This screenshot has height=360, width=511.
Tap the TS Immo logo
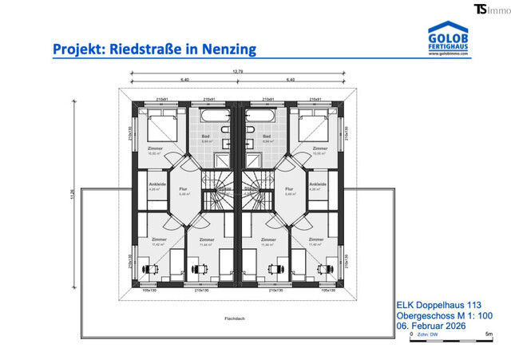coord(490,9)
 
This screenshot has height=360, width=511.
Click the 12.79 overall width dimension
coord(237,73)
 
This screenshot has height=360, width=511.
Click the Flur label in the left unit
coord(183,189)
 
